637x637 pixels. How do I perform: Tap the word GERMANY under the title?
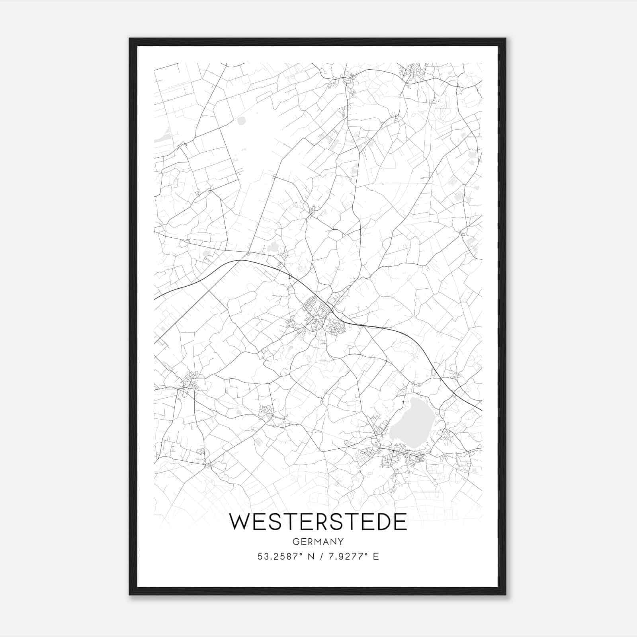click(318, 541)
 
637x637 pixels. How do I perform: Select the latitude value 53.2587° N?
click(284, 557)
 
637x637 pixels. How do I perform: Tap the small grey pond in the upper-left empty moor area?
click(241, 121)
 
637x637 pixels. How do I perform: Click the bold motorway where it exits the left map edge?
click(155, 298)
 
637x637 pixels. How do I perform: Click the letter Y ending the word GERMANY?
click(341, 541)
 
